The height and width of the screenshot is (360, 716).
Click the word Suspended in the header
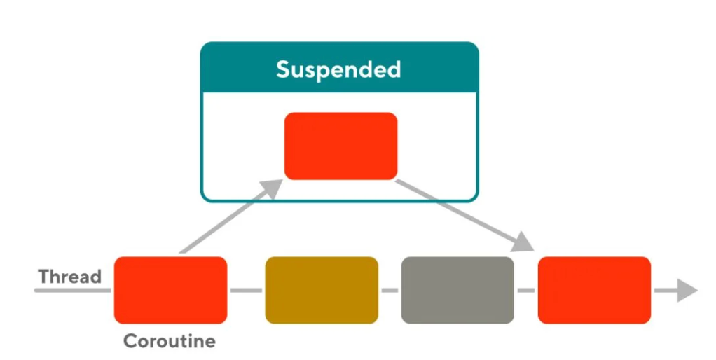pos(338,69)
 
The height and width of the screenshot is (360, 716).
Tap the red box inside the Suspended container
pos(340,146)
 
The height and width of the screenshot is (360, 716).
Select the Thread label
pos(70,276)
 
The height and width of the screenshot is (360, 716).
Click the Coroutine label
pos(170,342)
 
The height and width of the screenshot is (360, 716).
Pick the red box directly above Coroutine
pos(170,290)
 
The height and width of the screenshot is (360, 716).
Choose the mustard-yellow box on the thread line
pos(322,290)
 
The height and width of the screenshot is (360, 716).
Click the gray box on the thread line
pos(457,290)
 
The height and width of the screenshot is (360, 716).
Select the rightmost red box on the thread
pos(594,290)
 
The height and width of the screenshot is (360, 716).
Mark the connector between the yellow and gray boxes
pos(390,290)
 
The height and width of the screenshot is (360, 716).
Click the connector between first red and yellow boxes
pos(246,290)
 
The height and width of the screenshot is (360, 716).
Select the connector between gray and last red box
pos(525,290)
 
